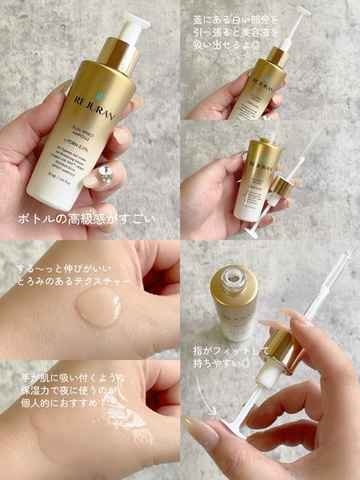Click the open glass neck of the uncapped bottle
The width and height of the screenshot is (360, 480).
tap(235, 280)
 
